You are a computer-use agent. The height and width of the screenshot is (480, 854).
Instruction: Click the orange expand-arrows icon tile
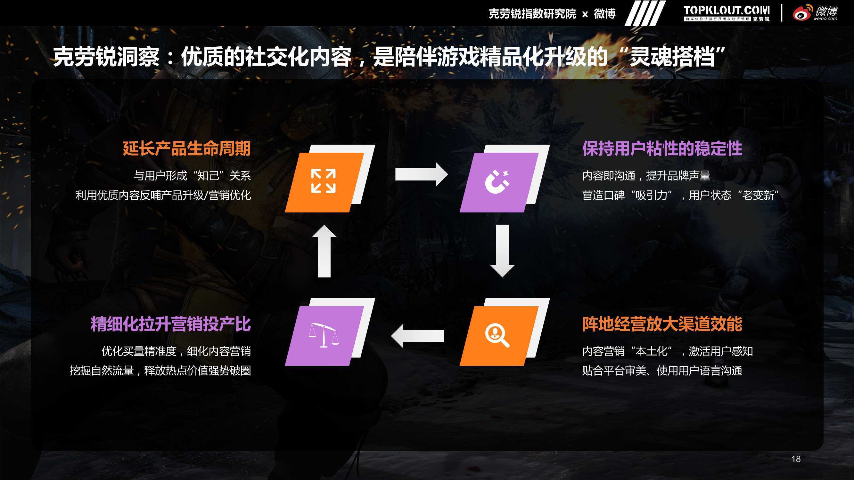324,182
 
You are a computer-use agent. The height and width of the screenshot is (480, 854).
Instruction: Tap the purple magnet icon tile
499,182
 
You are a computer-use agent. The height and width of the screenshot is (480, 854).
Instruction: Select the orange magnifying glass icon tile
499,336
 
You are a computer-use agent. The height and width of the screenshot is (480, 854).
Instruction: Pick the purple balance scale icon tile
324,336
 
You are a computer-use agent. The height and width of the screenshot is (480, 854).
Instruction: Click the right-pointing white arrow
421,174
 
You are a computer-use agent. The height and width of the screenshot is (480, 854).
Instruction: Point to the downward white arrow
502,251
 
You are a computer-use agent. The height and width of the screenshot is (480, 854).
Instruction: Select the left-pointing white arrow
417,336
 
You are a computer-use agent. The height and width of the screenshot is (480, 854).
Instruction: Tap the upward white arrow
324,251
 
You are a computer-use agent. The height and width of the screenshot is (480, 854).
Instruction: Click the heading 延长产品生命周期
187,148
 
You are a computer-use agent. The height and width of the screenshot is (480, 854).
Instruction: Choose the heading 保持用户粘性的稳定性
662,148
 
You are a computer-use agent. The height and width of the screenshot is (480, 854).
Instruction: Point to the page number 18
796,459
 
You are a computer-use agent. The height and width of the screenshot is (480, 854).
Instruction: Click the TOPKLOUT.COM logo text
727,11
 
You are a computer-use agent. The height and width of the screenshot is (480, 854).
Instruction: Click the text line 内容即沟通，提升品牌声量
646,176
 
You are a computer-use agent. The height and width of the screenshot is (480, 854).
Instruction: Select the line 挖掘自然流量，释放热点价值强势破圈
160,370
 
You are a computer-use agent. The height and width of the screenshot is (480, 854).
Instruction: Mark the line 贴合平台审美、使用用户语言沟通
662,370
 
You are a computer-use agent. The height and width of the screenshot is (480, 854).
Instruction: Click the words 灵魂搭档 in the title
672,57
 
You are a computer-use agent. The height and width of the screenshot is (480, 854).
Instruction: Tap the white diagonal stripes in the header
645,13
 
